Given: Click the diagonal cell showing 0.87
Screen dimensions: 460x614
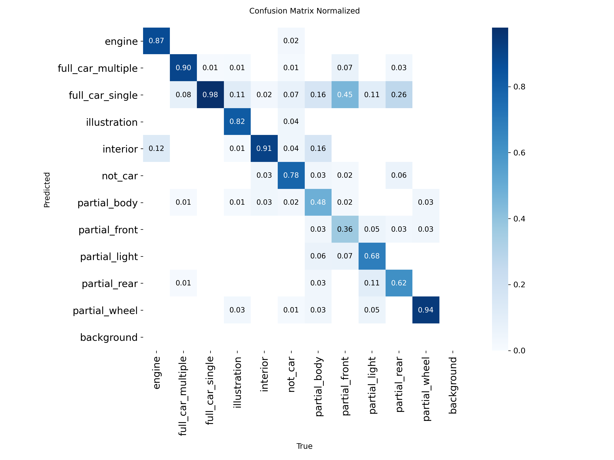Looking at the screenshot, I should (156, 41).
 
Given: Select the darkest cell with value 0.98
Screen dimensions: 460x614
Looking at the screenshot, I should (210, 94).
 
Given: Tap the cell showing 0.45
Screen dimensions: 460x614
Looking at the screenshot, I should (345, 94).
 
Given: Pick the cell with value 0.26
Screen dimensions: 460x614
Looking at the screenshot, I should (399, 94).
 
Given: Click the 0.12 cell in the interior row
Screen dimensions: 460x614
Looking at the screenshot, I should (156, 148).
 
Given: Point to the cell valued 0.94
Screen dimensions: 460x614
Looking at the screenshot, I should (426, 310).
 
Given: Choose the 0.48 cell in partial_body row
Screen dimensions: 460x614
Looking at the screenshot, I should (318, 202).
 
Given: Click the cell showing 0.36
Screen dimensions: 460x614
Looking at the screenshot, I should (345, 229).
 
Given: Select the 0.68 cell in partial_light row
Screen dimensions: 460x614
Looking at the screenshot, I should (372, 256).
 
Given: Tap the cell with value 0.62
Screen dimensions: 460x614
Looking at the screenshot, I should (399, 283).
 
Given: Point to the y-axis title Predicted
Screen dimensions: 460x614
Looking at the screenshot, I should (47, 190).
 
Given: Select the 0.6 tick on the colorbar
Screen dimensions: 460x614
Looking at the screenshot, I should (519, 153).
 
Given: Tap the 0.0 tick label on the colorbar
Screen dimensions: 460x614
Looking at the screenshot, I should (519, 350).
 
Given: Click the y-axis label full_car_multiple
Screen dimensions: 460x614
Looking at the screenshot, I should (97, 68).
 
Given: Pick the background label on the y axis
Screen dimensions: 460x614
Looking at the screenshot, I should (109, 337).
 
